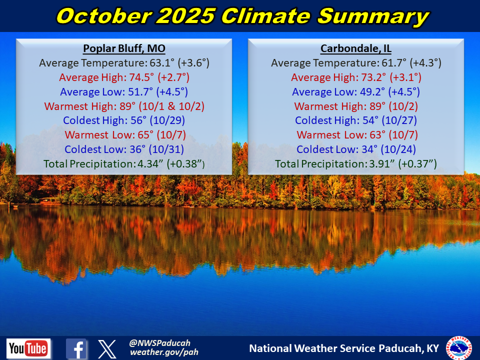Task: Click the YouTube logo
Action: point(28,348)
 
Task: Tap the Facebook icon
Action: point(76,348)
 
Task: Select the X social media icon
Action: point(106,348)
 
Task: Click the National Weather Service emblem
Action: point(458,348)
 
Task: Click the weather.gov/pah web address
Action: point(164,352)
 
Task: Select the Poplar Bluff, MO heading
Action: point(124,49)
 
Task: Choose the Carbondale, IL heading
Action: point(356,49)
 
